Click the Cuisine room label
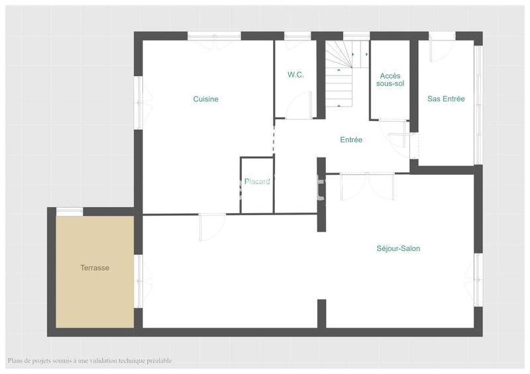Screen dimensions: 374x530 pos(205,99)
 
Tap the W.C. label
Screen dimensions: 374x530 pos(295,75)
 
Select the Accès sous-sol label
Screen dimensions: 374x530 pos(390,80)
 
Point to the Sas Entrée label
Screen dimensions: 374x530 pos(446,99)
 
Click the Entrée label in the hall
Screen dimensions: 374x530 pos(350,140)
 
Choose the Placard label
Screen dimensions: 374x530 pos(257,181)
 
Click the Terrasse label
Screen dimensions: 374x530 pos(95,268)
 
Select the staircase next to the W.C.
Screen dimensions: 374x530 pos(341,73)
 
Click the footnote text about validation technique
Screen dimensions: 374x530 pos(90,361)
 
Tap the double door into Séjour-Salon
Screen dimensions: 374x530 pos(367,185)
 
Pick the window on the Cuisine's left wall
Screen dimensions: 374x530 pos(138,103)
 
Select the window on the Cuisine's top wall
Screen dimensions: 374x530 pos(213,36)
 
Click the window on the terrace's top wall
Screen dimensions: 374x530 pos(69,211)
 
